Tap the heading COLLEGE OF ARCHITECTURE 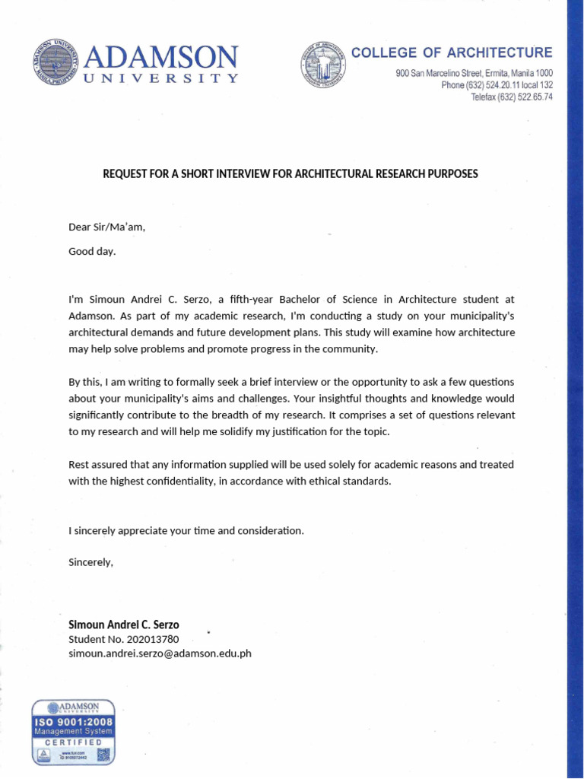[x=452, y=52]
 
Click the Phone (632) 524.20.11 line [x=497, y=85]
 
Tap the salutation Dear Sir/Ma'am [x=106, y=227]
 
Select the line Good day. [x=92, y=250]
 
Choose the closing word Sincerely [x=90, y=562]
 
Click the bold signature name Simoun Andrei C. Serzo [x=124, y=625]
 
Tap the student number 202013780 [x=154, y=639]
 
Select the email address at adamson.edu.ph [x=160, y=653]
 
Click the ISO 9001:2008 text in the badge [x=72, y=720]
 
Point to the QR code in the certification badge [x=103, y=755]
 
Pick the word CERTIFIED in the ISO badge [x=72, y=742]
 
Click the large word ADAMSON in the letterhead [x=162, y=58]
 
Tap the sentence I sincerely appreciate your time [x=186, y=530]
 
